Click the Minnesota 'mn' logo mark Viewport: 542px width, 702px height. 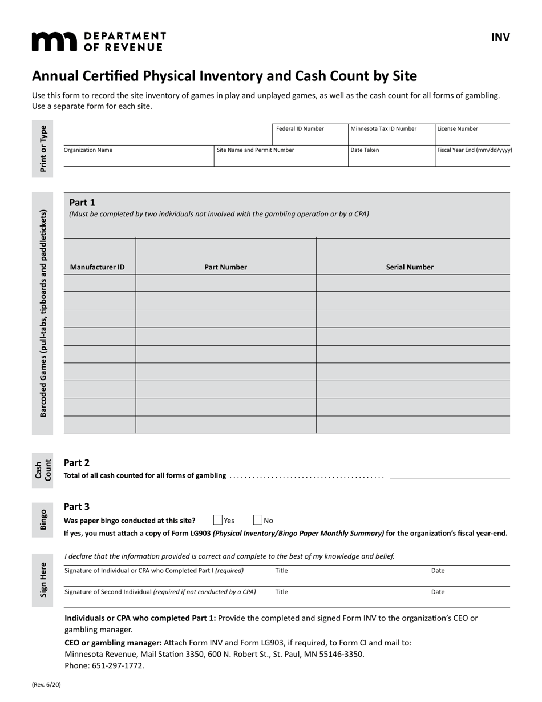click(54, 42)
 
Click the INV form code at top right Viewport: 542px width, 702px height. click(500, 38)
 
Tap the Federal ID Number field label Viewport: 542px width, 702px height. click(300, 129)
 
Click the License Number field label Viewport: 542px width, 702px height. click(458, 129)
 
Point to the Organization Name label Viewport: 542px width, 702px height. click(88, 150)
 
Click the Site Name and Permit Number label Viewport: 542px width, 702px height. click(255, 150)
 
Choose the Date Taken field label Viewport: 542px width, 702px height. click(365, 150)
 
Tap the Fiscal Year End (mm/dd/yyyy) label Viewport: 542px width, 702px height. click(474, 150)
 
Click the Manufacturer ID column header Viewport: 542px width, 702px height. click(97, 267)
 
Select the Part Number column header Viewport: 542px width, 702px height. click(225, 267)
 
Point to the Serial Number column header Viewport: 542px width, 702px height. click(410, 267)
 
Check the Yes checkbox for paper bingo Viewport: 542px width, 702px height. click(217, 520)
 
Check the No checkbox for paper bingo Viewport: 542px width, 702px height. click(257, 520)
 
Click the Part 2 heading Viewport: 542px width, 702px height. click(76, 463)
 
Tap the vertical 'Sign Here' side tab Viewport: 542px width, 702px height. click(43, 580)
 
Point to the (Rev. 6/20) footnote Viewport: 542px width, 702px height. click(46, 684)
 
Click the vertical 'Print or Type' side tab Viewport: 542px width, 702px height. click(43, 148)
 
